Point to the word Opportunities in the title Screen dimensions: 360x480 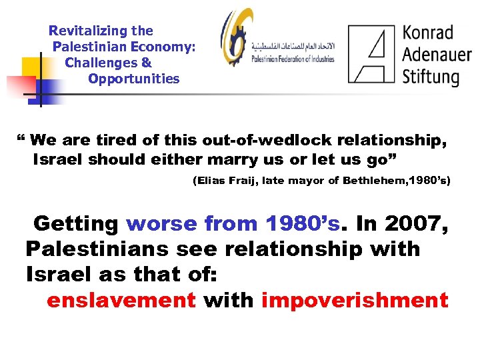pos(133,79)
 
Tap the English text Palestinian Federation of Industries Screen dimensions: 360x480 pos(293,59)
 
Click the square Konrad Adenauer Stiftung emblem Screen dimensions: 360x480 pos(371,53)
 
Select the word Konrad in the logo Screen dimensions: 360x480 pos(428,32)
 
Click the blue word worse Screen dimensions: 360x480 pos(161,223)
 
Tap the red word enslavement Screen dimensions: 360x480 pos(121,300)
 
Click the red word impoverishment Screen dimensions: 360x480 pos(355,300)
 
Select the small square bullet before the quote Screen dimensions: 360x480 pos(20,139)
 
